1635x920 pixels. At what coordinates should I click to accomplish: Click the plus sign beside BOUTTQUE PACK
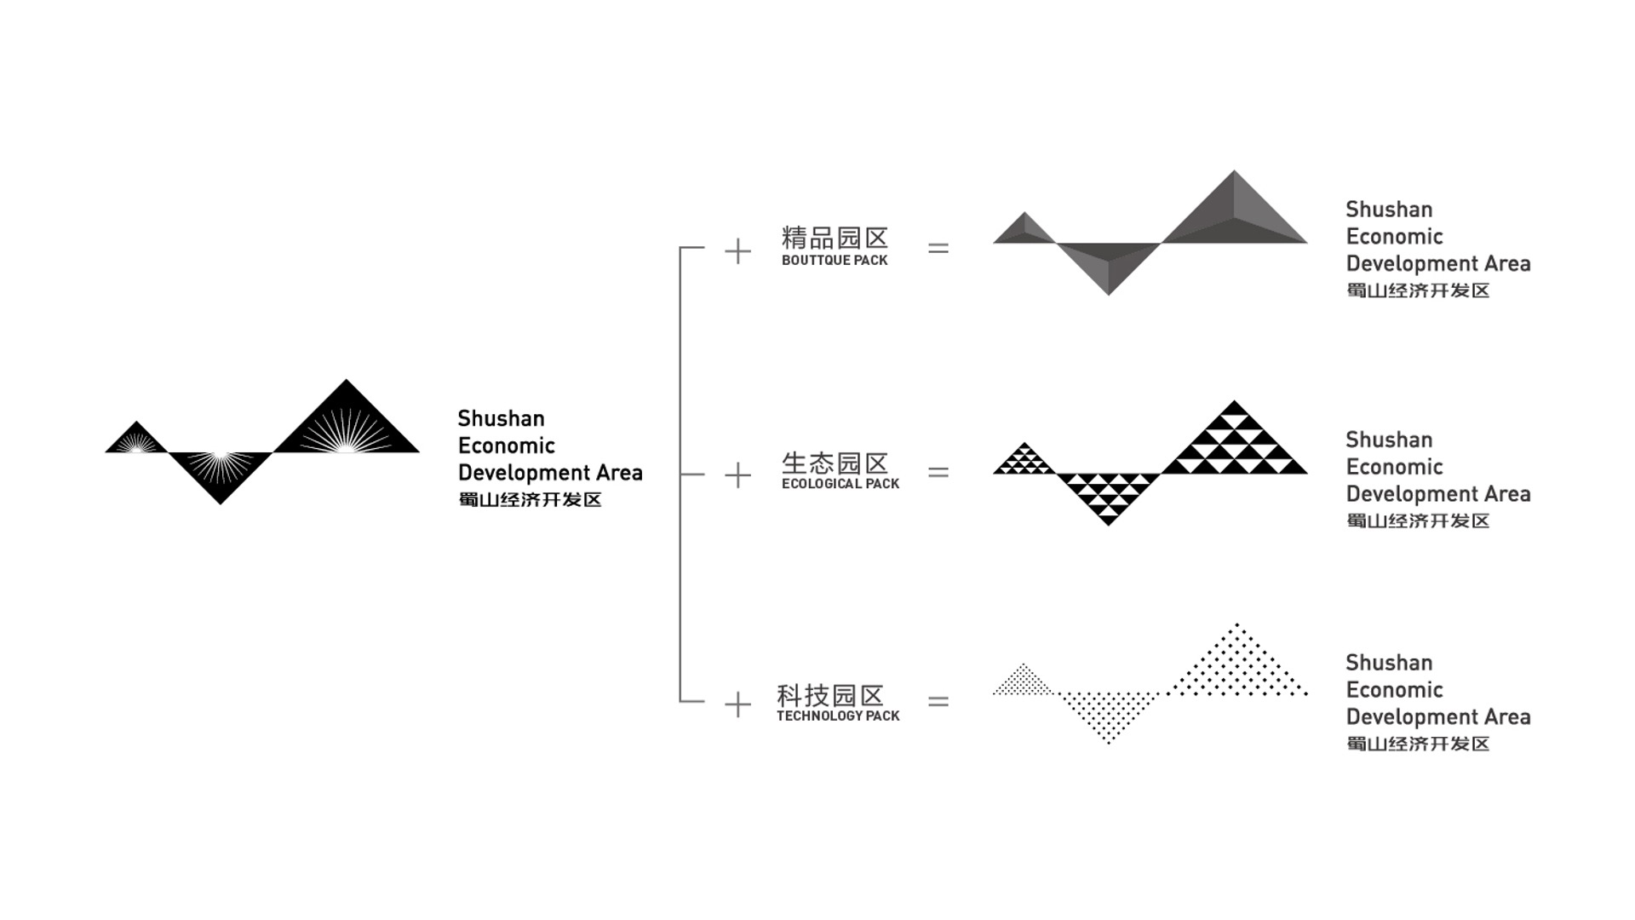tap(737, 251)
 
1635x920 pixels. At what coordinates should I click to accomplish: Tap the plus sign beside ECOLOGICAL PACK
tap(737, 475)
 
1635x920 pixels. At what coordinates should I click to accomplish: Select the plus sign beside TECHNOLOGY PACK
tap(737, 704)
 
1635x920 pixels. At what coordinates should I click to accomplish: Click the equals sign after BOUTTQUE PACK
tap(938, 249)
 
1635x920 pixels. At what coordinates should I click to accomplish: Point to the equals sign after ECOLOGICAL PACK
tap(938, 472)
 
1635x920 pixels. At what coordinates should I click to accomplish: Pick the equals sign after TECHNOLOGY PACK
tap(938, 701)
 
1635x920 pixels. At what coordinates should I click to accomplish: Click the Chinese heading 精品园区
tap(835, 238)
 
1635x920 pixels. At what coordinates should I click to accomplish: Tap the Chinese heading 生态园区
tap(835, 463)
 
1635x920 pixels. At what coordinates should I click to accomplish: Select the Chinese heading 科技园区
tap(830, 695)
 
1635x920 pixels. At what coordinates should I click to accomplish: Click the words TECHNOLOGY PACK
tap(838, 716)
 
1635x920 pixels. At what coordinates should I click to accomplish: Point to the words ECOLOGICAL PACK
tap(840, 484)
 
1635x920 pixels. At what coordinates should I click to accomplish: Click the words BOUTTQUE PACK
tap(835, 261)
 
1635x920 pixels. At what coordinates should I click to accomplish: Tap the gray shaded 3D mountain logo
tap(1150, 233)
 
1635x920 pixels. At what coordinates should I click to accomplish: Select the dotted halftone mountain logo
tap(1150, 683)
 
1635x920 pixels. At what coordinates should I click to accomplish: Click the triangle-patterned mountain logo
tap(1150, 463)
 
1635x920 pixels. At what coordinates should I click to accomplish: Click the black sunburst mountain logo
tap(262, 442)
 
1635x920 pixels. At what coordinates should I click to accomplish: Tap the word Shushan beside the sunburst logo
tap(501, 418)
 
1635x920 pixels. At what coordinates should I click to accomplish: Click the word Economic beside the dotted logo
tap(1394, 690)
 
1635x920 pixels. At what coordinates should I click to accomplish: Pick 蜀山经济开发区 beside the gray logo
tap(1418, 290)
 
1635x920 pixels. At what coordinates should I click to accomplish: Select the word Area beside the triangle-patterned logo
tap(1507, 494)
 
